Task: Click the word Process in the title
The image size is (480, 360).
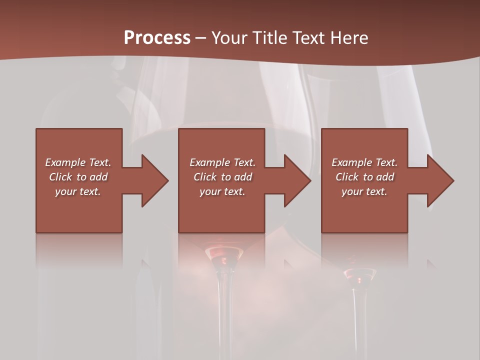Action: click(157, 38)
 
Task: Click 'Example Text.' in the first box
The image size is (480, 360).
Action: click(78, 162)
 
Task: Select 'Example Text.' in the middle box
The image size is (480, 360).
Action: click(222, 162)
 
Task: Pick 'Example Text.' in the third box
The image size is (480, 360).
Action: click(364, 162)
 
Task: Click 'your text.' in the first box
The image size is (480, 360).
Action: click(78, 191)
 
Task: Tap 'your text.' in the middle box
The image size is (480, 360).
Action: click(222, 191)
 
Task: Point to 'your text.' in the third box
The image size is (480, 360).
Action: click(364, 191)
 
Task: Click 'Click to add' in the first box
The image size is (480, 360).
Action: click(78, 177)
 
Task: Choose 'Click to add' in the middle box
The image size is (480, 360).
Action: click(222, 177)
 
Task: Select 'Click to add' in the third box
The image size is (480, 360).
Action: click(364, 177)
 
